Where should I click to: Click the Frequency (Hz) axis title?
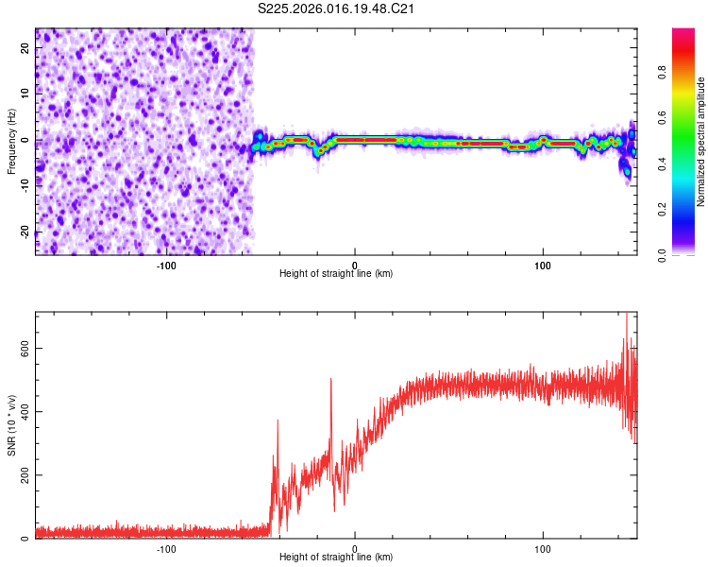pyautogui.click(x=11, y=142)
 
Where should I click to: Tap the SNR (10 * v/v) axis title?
pyautogui.click(x=11, y=425)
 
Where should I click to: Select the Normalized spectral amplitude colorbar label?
pyautogui.click(x=701, y=142)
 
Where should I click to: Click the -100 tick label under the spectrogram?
pyautogui.click(x=166, y=264)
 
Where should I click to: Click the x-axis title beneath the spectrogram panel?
pyautogui.click(x=337, y=274)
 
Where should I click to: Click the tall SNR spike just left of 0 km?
pyautogui.click(x=331, y=380)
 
